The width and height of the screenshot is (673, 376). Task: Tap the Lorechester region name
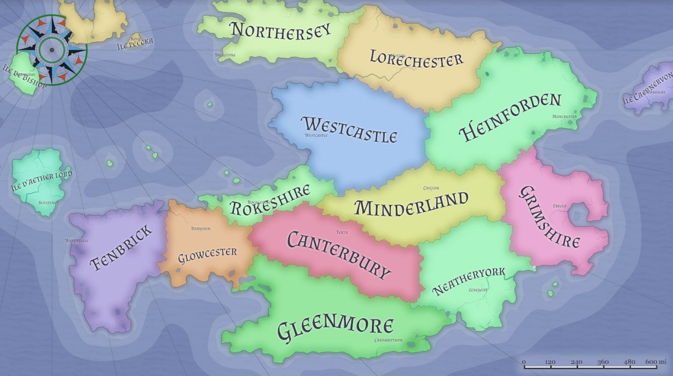(416, 57)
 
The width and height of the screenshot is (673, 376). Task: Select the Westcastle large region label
(349, 129)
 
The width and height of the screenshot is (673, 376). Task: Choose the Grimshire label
(549, 218)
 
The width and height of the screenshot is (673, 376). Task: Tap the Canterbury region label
(338, 254)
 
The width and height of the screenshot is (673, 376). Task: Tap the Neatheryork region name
(469, 281)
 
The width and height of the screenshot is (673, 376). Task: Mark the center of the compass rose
(52, 49)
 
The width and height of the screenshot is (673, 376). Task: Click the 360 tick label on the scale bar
(602, 362)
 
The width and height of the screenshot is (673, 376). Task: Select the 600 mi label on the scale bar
(655, 362)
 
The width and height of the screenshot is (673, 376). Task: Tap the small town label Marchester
(564, 117)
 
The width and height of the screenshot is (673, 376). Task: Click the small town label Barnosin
(200, 229)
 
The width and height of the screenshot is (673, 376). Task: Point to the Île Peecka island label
(134, 40)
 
